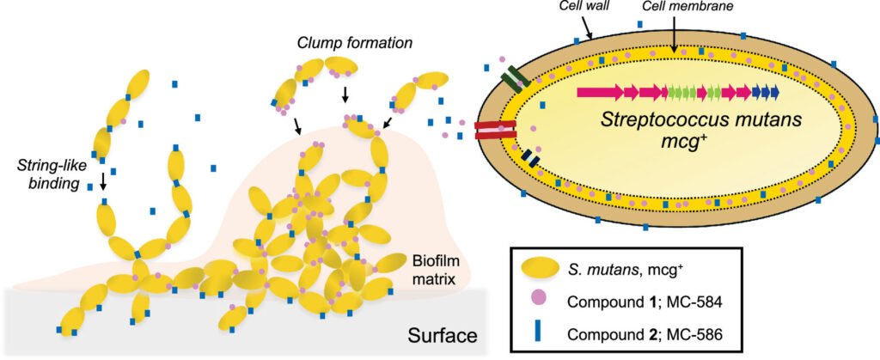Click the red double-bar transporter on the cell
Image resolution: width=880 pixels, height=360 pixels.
(495, 130)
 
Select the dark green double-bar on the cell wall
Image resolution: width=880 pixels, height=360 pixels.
(516, 79)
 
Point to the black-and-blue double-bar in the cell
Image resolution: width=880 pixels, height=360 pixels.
(530, 158)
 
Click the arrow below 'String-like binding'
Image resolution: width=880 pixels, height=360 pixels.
(103, 182)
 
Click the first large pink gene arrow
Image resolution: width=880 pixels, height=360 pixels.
(601, 92)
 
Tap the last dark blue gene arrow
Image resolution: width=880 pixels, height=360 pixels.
(774, 92)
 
